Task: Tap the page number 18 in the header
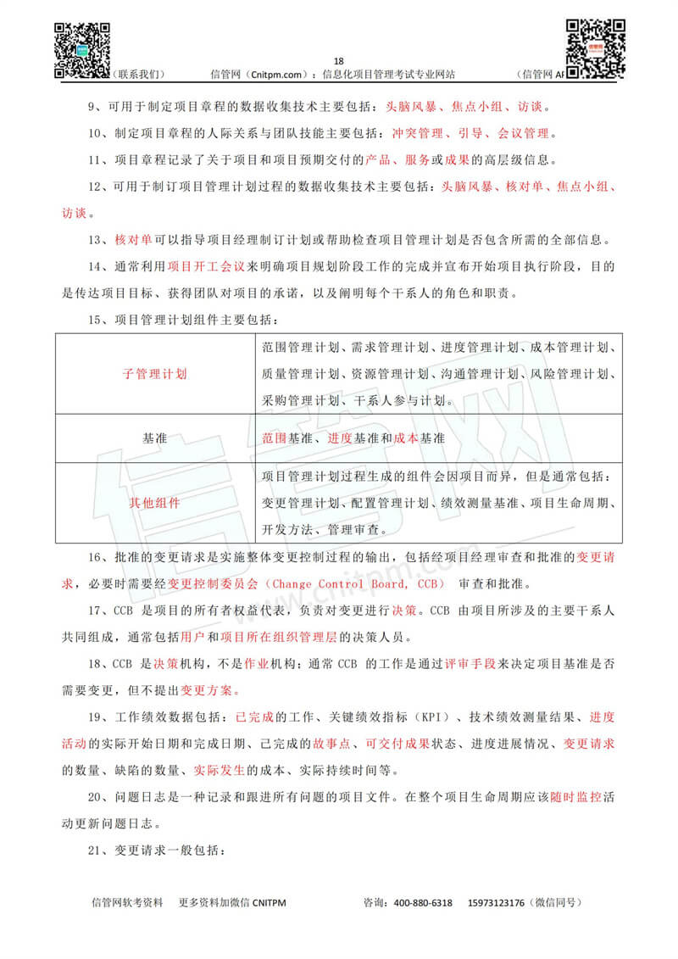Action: (x=339, y=61)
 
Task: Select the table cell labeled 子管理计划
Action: (x=155, y=373)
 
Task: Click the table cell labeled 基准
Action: (x=155, y=438)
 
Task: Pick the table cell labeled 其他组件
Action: (x=155, y=502)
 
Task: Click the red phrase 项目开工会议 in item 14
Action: (x=207, y=266)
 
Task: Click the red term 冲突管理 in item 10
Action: (x=419, y=134)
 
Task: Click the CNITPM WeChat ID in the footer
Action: (x=263, y=902)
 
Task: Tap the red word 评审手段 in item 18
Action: (x=471, y=665)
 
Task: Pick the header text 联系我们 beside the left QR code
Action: (x=138, y=75)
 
